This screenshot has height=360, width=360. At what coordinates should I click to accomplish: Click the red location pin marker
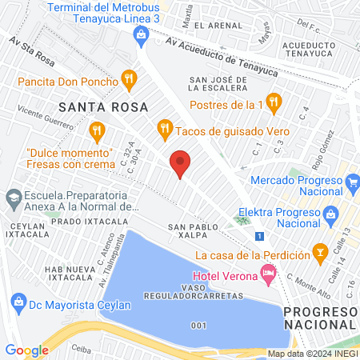[x=181, y=164]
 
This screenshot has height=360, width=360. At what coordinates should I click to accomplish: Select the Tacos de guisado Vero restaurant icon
[x=164, y=127]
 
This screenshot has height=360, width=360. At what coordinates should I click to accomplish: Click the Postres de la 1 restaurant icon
[x=274, y=102]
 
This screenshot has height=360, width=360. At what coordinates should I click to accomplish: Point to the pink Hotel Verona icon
[x=268, y=276]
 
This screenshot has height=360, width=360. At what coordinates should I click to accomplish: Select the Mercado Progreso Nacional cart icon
[x=353, y=180]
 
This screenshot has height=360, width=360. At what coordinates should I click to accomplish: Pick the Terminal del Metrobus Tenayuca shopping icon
[x=141, y=34]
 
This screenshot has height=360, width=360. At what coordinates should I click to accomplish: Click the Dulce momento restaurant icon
[x=97, y=130]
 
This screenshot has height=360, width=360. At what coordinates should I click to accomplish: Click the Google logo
[x=26, y=350]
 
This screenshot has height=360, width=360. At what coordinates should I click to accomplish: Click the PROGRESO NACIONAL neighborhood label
[x=320, y=318]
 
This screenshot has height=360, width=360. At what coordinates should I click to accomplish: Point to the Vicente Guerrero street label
[x=33, y=118]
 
